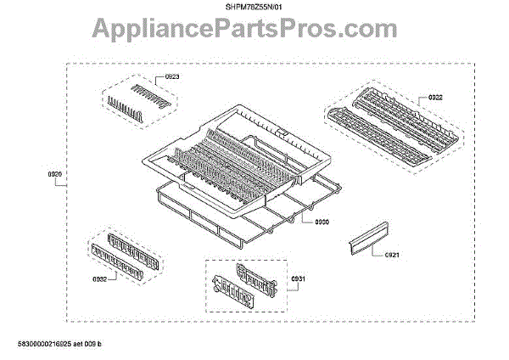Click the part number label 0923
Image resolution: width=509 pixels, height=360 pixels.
click(172, 77)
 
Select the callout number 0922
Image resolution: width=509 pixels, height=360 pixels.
click(435, 98)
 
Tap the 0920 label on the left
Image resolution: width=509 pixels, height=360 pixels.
click(56, 175)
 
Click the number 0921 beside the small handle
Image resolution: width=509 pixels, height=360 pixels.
click(392, 254)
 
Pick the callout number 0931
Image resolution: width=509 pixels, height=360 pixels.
click(297, 280)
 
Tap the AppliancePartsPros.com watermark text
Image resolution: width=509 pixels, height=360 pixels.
click(255, 30)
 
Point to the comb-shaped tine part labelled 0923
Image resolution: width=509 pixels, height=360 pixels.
click(139, 97)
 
